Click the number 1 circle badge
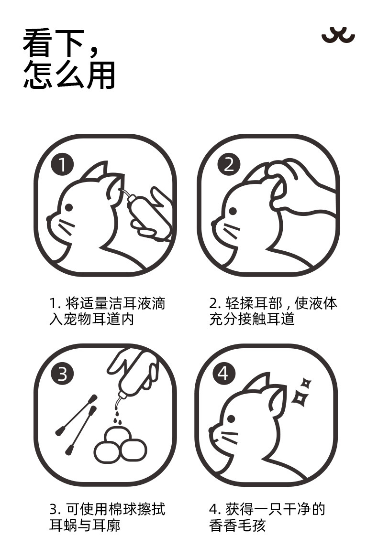click(x=62, y=165)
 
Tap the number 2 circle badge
click(x=229, y=165)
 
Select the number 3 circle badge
click(x=62, y=374)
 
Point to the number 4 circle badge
click(x=224, y=374)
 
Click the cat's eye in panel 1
click(x=69, y=207)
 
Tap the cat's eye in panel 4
click(x=231, y=419)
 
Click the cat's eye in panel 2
click(x=233, y=211)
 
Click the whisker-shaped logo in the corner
click(x=338, y=35)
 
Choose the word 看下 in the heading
click(x=54, y=43)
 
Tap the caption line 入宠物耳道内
click(x=92, y=319)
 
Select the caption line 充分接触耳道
click(x=252, y=319)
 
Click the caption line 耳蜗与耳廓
click(x=85, y=525)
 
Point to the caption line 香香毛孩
click(x=238, y=525)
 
